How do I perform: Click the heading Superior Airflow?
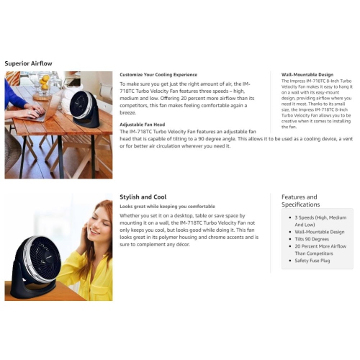tap(28, 63)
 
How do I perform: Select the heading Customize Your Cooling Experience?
tap(158, 75)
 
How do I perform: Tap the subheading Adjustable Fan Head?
tap(143, 125)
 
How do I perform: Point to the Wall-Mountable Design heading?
tap(307, 75)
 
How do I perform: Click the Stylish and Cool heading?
tap(143, 197)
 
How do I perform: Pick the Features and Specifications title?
tap(301, 201)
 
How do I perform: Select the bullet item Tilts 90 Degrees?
tap(312, 239)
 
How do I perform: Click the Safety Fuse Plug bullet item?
tap(312, 261)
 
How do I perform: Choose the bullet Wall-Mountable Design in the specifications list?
tap(320, 232)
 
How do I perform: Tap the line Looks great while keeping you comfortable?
tap(167, 207)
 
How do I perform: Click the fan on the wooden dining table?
tap(84, 109)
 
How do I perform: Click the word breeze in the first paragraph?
tap(127, 112)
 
